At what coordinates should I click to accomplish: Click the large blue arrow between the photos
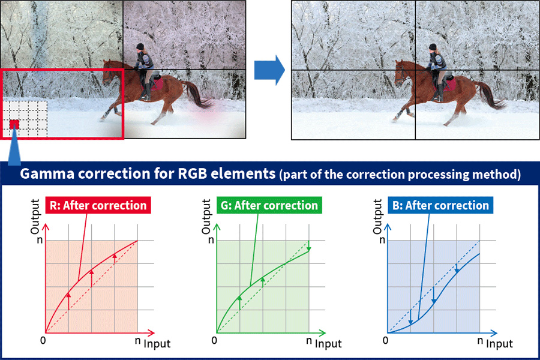click(x=269, y=70)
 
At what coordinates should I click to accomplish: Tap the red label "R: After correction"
click(x=98, y=205)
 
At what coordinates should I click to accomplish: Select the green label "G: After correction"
click(x=269, y=205)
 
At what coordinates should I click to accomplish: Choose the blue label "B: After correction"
click(x=440, y=205)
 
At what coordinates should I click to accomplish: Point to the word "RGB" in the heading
click(x=192, y=173)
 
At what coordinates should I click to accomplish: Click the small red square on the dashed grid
click(x=14, y=124)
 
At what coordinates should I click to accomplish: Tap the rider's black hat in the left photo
click(x=140, y=47)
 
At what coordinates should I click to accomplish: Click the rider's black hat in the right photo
click(x=433, y=47)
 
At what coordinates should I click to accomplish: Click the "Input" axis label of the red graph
click(x=157, y=344)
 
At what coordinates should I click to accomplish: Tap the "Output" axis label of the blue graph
click(x=378, y=217)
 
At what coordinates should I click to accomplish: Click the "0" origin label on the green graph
click(x=214, y=340)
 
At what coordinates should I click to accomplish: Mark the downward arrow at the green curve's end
click(x=309, y=246)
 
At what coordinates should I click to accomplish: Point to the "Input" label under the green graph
click(x=328, y=344)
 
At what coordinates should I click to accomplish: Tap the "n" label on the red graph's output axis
click(x=40, y=240)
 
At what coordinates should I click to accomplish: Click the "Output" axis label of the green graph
click(x=206, y=217)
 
